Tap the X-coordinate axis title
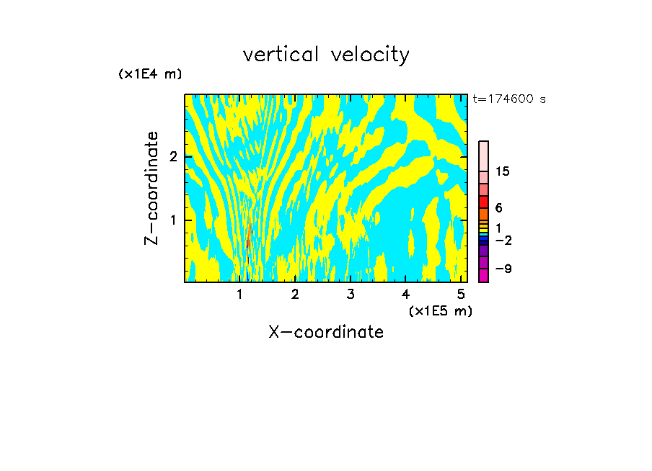tap(326, 332)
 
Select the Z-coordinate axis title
tap(151, 188)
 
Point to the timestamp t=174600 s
tap(509, 99)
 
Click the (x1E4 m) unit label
tap(150, 74)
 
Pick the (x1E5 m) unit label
tap(440, 310)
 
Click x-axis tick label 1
tap(240, 295)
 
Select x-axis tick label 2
tap(295, 295)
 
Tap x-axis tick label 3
tap(351, 295)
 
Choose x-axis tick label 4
tap(405, 295)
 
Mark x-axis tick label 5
tap(460, 295)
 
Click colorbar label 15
tap(503, 171)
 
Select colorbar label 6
tap(498, 208)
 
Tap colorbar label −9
tap(503, 269)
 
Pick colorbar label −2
tap(503, 240)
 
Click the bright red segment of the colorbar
tap(484, 202)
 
